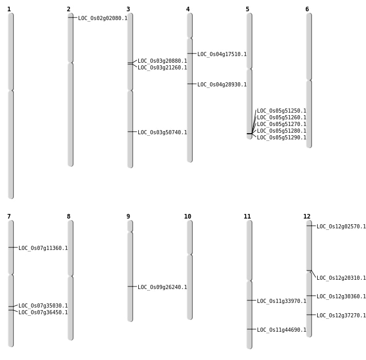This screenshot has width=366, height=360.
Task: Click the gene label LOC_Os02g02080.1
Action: click(103, 18)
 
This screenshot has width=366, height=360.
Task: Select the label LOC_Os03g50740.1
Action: click(162, 132)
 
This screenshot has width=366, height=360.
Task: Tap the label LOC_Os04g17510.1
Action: click(222, 54)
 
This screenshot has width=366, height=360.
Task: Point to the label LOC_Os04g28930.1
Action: click(222, 84)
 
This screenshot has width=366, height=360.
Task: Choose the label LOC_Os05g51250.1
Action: click(282, 111)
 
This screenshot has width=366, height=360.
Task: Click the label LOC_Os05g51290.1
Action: click(282, 137)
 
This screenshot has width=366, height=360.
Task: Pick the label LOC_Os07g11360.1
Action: click(43, 248)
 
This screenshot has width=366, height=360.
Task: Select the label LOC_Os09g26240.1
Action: click(162, 287)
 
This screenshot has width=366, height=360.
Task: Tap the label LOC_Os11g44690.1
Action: click(282, 330)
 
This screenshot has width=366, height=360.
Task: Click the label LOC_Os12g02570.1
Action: click(341, 226)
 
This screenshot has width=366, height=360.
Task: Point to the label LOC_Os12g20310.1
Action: click(341, 278)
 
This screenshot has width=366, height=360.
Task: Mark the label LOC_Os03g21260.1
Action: click(162, 67)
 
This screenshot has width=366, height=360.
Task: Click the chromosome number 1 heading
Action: click(9, 9)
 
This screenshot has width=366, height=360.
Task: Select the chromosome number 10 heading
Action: click(188, 217)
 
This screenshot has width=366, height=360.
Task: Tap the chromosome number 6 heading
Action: click(307, 9)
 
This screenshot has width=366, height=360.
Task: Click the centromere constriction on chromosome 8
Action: click(70, 276)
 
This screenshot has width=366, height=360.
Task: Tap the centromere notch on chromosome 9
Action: click(130, 232)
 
